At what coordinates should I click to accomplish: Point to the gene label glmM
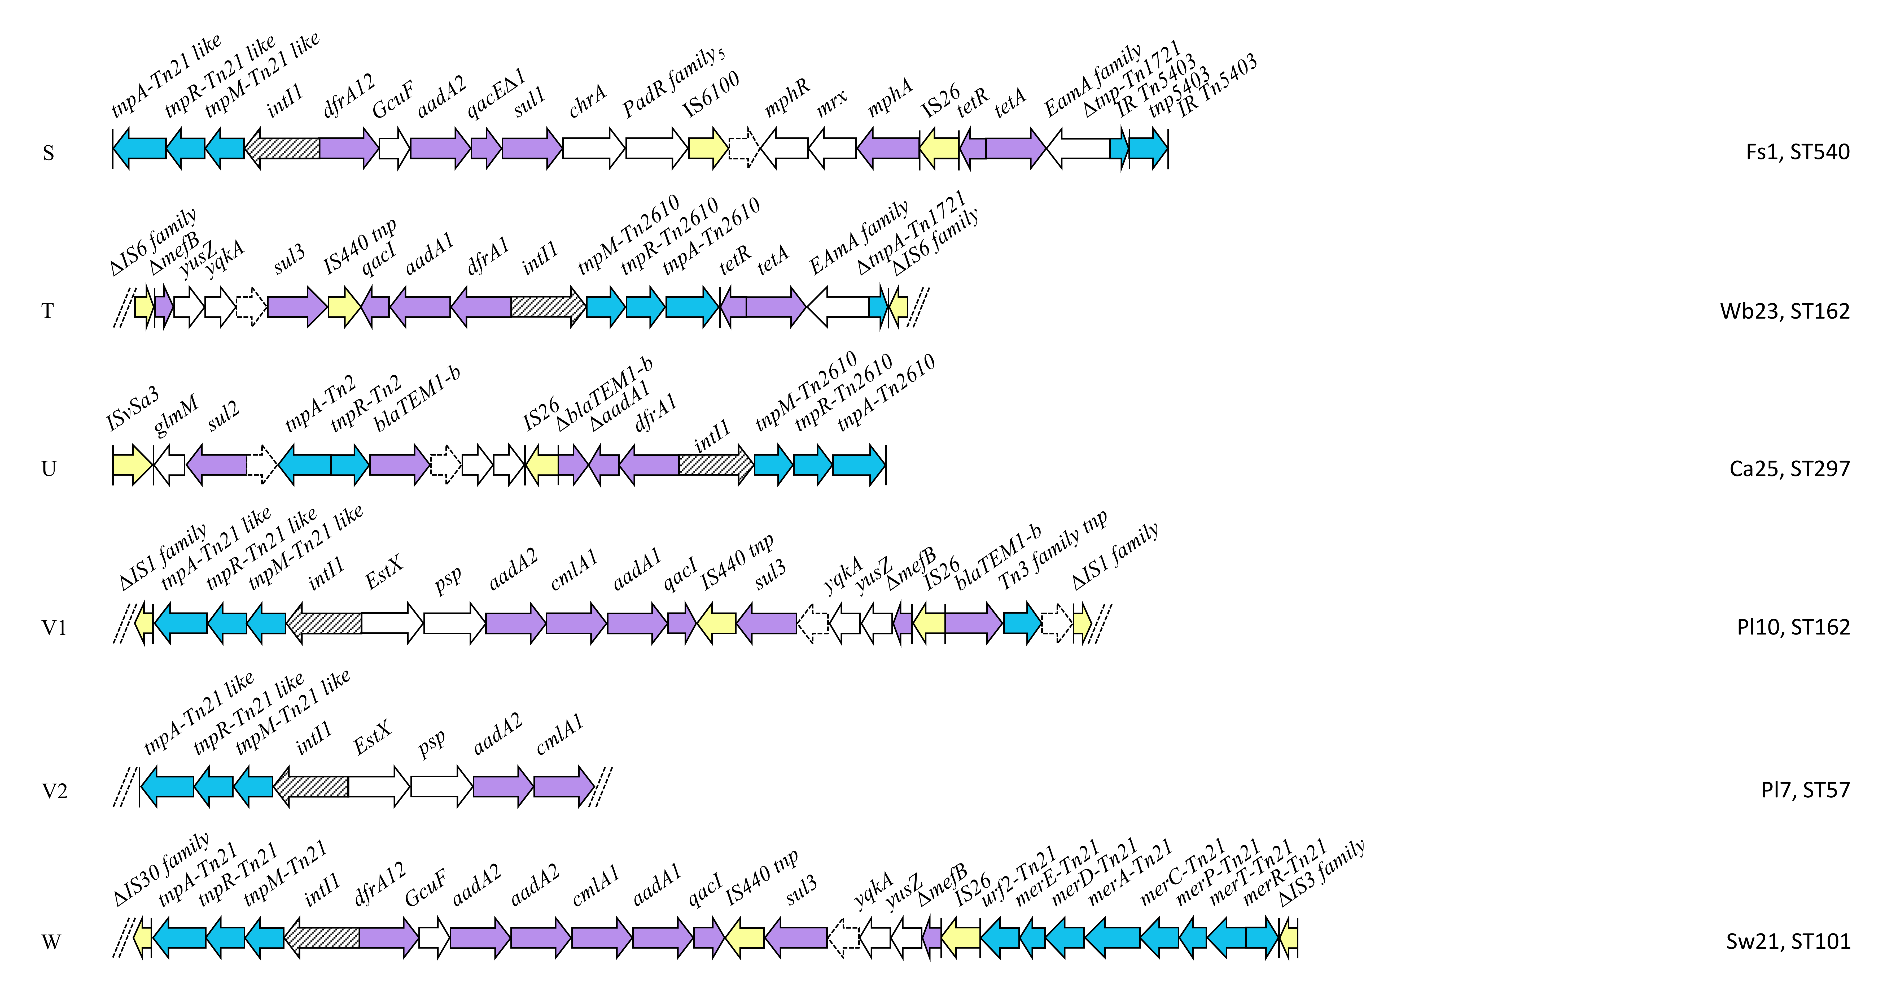pyautogui.click(x=176, y=415)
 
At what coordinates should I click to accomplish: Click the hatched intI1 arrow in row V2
pyautogui.click(x=310, y=786)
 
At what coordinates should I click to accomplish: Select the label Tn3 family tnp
pyautogui.click(x=1053, y=551)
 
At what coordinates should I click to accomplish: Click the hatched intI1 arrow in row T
pyautogui.click(x=548, y=306)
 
